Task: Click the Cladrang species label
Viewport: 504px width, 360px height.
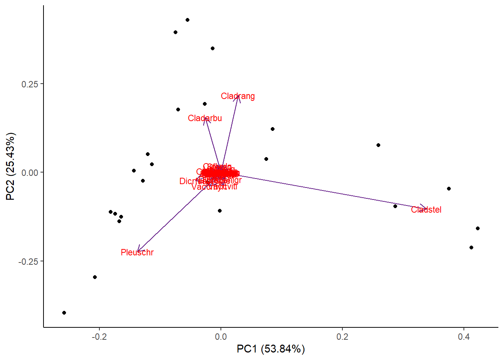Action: coord(238,96)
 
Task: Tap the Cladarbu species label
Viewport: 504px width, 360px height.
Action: coord(205,118)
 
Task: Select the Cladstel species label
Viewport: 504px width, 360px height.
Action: coord(426,210)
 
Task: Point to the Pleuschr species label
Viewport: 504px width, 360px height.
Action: coord(137,253)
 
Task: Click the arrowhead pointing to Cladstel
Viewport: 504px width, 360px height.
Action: coord(426,207)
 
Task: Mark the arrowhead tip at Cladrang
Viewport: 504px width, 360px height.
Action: coord(238,96)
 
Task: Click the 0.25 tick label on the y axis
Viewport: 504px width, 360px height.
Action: coord(30,84)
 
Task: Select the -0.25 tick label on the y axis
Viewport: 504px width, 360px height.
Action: coord(28,261)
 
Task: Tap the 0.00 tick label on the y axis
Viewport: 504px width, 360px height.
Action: coord(30,173)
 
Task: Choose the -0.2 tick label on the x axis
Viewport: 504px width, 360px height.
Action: coord(99,337)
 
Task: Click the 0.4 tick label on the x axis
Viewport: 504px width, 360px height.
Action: coord(464,337)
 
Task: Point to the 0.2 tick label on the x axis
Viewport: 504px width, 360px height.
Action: coord(342,337)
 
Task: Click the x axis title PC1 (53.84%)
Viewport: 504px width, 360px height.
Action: coord(271,349)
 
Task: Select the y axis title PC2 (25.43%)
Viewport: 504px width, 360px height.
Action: coord(10,166)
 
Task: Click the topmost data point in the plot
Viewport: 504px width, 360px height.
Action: coord(187,20)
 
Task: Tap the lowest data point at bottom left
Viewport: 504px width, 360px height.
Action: coord(64,313)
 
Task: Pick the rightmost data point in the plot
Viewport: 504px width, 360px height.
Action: coord(478,228)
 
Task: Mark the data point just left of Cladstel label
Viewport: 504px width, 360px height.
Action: coord(395,206)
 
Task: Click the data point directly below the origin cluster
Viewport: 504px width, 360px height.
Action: coord(220,211)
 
